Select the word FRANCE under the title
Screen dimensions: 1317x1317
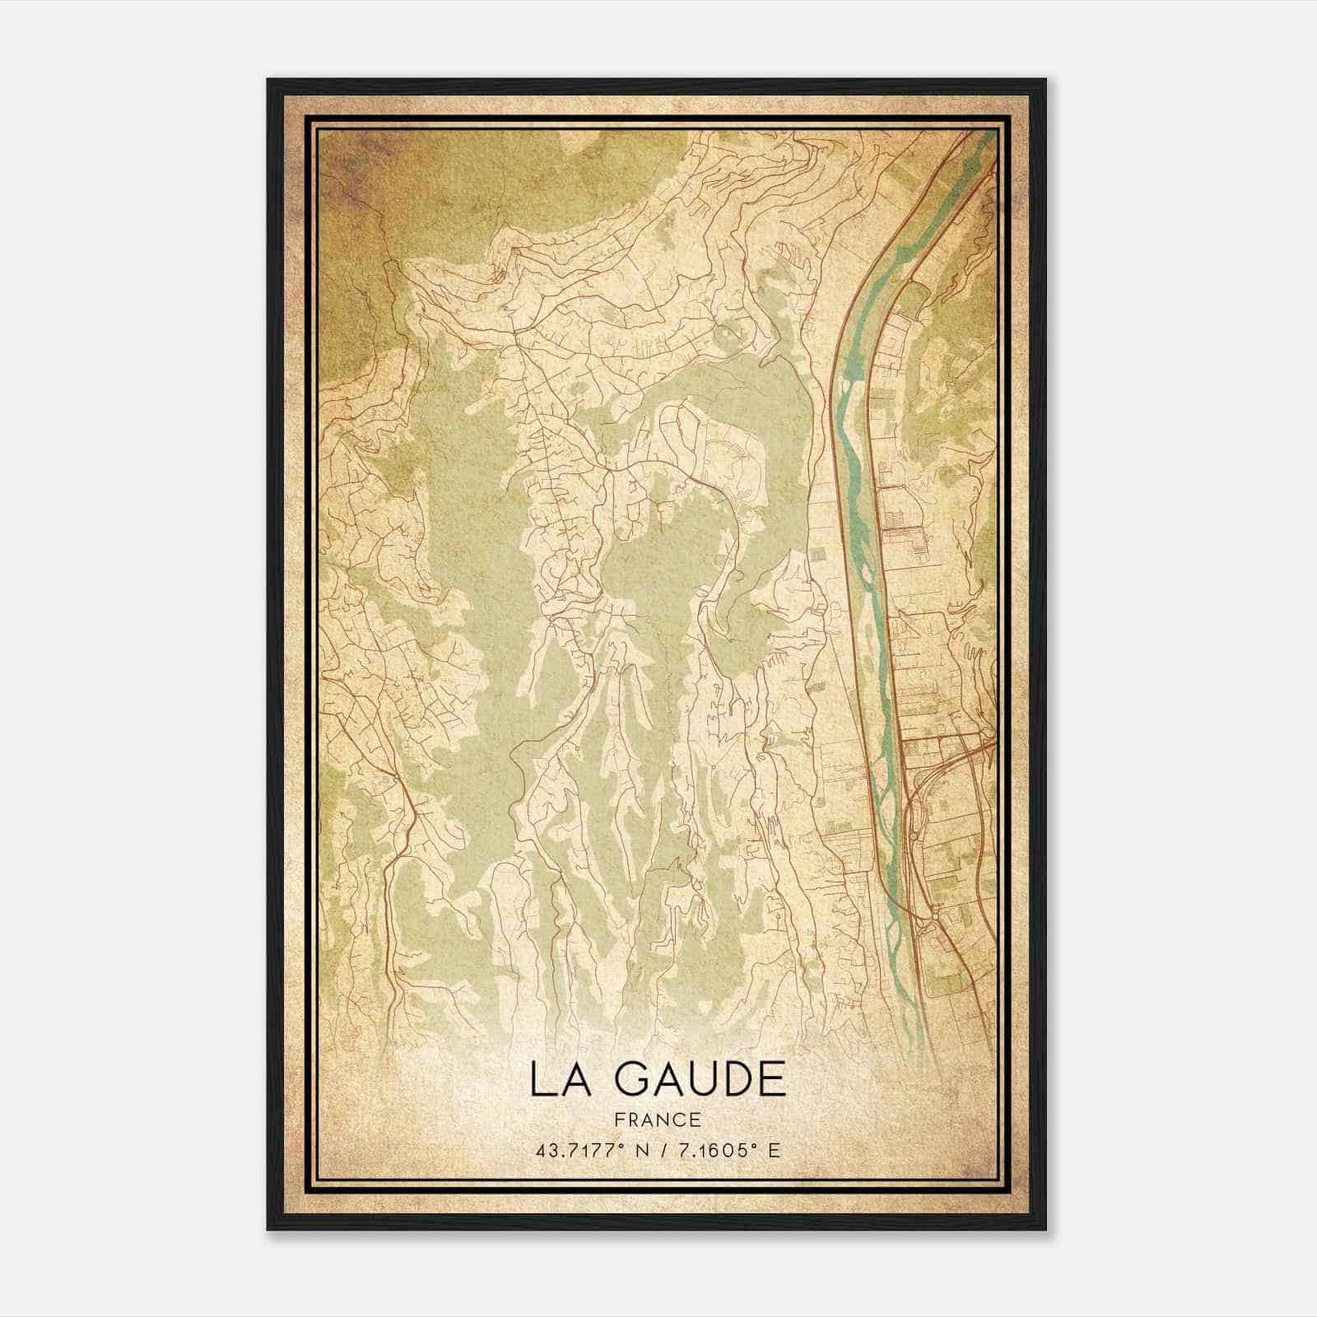(657, 1120)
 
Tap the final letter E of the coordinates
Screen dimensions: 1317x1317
(773, 1150)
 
